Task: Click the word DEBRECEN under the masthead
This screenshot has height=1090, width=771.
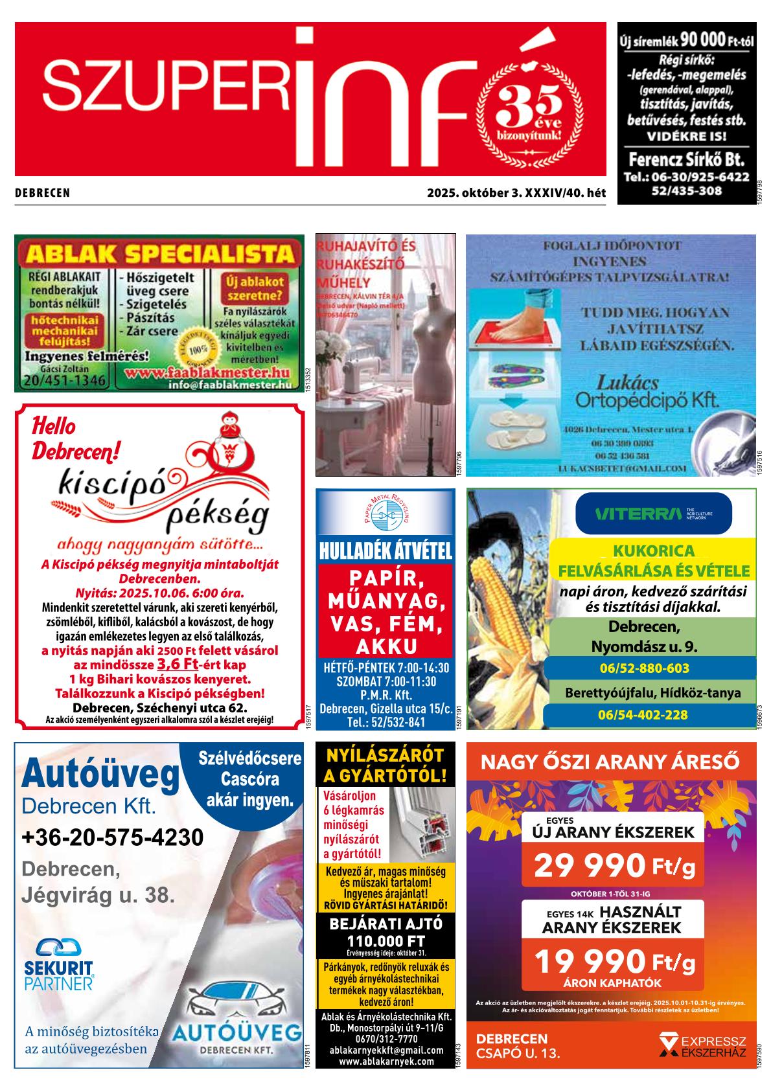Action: tap(42, 193)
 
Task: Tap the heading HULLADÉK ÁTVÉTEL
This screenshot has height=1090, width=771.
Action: tap(385, 552)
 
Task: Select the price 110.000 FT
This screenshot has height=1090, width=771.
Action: tap(385, 940)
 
